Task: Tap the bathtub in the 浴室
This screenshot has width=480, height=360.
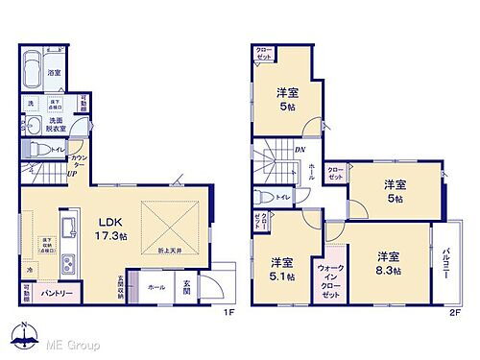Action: click(x=40, y=69)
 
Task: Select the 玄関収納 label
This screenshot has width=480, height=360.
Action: click(x=121, y=285)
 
